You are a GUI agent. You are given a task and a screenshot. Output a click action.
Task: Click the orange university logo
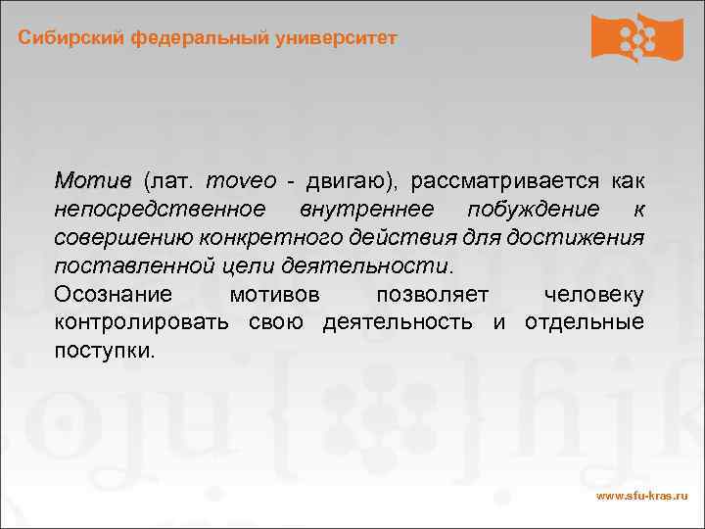pos(636,38)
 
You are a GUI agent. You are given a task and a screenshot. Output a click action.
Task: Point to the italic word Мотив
pos(92,181)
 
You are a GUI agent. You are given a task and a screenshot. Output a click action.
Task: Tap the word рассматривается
pos(505,181)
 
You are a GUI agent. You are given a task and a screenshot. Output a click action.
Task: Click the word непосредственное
pos(160,210)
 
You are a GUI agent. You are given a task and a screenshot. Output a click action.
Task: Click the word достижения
pos(587,238)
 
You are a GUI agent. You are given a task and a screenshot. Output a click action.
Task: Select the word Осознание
pos(114,295)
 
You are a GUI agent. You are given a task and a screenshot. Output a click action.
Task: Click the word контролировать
pos(143,322)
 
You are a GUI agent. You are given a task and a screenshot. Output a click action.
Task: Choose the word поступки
pos(105,351)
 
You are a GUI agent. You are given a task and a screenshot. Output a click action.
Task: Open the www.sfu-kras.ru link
pos(641,497)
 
